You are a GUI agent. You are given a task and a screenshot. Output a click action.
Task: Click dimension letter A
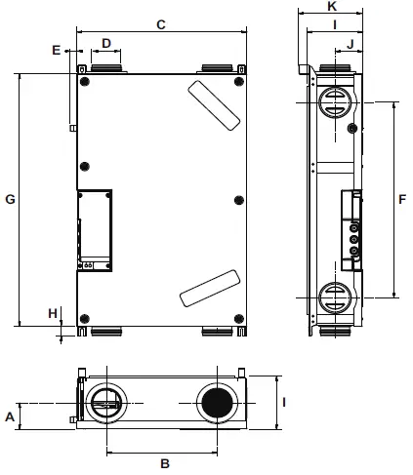coord(10,416)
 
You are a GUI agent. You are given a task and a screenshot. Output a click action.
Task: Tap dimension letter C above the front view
coord(159,23)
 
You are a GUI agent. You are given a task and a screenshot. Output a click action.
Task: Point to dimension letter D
coord(106,44)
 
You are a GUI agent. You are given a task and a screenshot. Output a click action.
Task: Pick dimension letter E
coord(56,49)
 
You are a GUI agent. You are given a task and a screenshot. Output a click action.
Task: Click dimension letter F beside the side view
coord(401,198)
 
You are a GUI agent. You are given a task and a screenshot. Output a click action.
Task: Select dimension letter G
coord(10,199)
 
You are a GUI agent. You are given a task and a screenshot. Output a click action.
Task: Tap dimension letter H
coord(53,313)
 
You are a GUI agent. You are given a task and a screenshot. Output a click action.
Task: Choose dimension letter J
coord(349,43)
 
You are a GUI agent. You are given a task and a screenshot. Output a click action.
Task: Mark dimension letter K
coord(333,7)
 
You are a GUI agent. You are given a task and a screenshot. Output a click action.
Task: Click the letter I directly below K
coord(333,24)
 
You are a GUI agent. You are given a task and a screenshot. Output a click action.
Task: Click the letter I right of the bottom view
coord(285,401)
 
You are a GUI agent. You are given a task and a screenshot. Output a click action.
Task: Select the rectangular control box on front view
coord(95,229)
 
